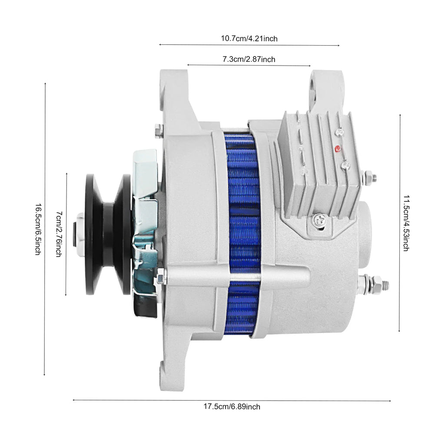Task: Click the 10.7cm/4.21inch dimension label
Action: tap(249, 39)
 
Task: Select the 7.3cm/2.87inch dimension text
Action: tap(249, 60)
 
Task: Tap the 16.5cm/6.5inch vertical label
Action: tap(38, 229)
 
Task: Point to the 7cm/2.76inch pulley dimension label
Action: tap(59, 234)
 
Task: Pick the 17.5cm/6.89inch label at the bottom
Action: tap(232, 407)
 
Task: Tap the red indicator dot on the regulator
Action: tap(337, 149)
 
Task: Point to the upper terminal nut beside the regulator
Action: tap(369, 177)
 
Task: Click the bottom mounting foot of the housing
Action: tap(172, 374)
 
